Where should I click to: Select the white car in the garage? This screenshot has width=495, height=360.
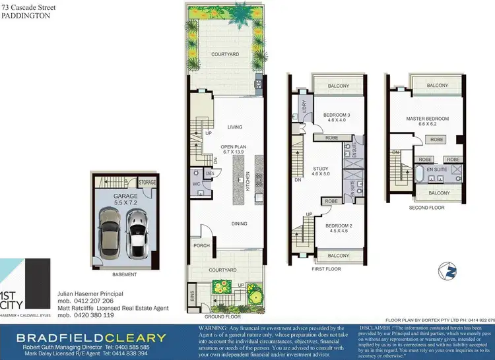click(x=137, y=231)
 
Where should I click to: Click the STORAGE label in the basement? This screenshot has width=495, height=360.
click(x=147, y=183)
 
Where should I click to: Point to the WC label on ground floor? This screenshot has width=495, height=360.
click(x=197, y=184)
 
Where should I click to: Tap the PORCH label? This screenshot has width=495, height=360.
click(x=201, y=246)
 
